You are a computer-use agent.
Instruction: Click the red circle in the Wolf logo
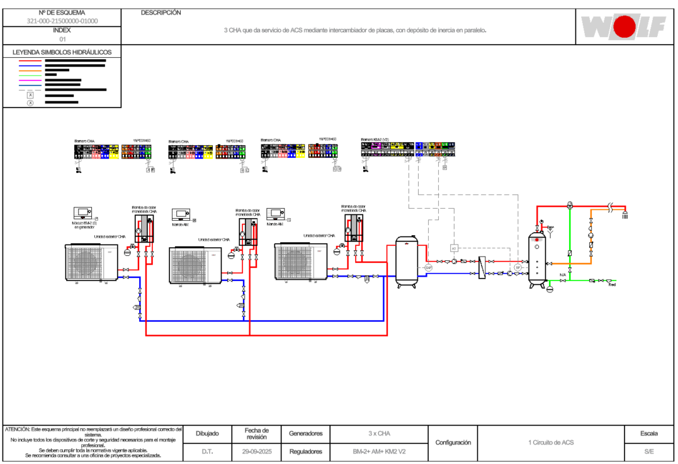click(624, 27)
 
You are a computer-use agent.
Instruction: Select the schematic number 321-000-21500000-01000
click(62, 21)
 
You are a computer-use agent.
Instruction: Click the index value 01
click(62, 39)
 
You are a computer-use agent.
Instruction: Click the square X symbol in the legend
click(30, 94)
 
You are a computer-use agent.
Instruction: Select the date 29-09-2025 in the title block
click(257, 451)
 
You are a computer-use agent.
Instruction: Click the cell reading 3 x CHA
click(379, 434)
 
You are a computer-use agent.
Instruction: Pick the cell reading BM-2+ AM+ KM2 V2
click(379, 451)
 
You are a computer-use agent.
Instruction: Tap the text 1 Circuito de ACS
click(551, 443)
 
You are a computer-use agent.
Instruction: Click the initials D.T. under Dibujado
click(207, 451)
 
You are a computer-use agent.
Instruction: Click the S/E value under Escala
click(648, 451)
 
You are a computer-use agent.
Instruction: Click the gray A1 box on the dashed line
click(453, 248)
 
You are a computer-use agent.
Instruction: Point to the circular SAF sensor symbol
click(429, 268)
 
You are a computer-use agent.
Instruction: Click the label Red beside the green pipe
click(611, 285)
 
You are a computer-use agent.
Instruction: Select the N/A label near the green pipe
click(563, 275)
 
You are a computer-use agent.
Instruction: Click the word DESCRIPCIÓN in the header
click(161, 13)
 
